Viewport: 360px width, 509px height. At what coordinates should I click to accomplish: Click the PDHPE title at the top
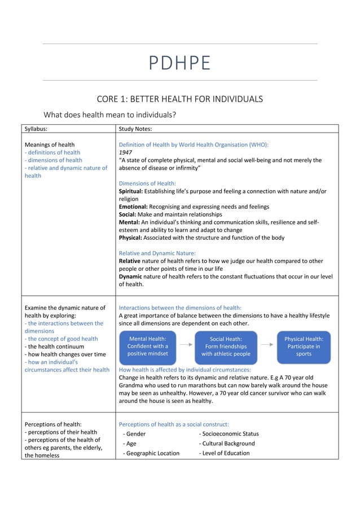[x=179, y=63]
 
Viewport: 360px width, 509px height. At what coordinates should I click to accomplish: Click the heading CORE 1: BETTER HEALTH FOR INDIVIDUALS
[x=179, y=99]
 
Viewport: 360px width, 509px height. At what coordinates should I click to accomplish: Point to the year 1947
[x=124, y=152]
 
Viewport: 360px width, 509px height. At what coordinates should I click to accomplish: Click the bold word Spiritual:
[x=130, y=191]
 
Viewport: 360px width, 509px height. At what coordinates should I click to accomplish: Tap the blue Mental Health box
[x=147, y=346]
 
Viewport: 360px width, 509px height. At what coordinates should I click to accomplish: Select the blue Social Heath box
[x=226, y=346]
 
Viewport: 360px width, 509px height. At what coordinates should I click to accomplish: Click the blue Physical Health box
[x=304, y=346]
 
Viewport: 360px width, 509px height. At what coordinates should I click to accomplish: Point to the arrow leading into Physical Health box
[x=266, y=343]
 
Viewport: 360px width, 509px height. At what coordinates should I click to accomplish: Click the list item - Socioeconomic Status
[x=229, y=433]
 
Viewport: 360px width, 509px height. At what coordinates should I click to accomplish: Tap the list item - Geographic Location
[x=151, y=453]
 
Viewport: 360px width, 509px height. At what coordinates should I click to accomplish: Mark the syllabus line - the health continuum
[x=54, y=346]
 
